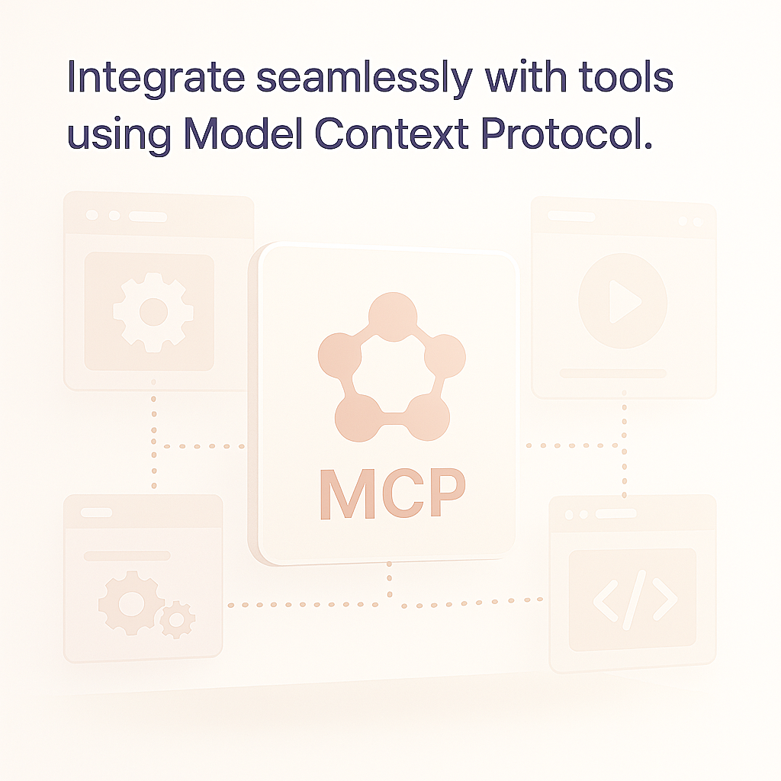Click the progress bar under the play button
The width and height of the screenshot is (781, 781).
click(x=613, y=373)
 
